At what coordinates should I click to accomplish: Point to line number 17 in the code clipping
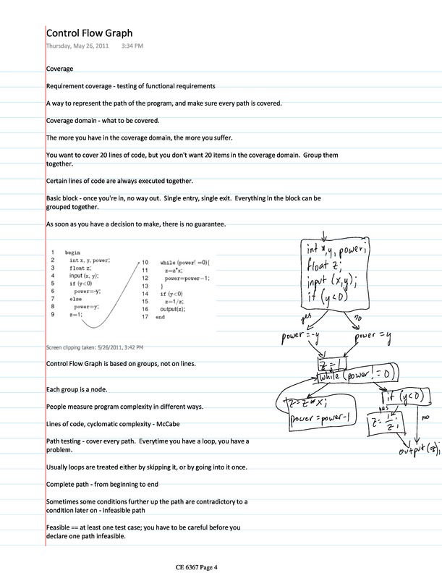[x=145, y=317]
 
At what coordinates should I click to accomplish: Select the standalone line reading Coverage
[x=59, y=69]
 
